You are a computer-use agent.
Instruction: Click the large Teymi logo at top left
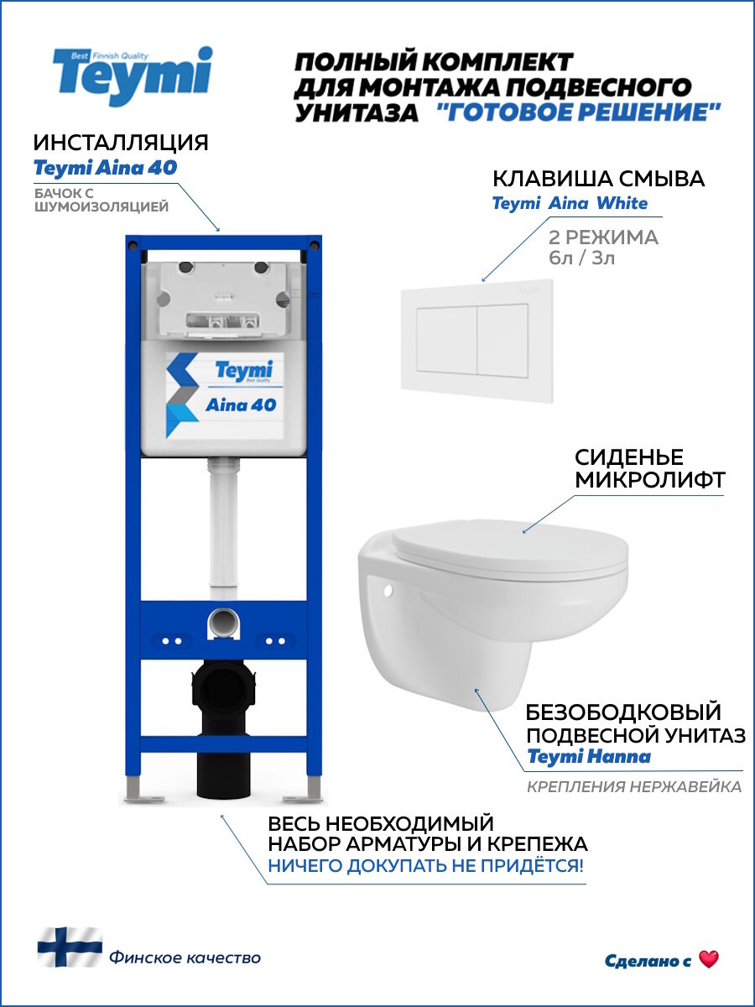click(x=132, y=76)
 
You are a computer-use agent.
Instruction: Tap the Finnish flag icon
click(x=69, y=947)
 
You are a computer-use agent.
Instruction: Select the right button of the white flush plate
click(x=502, y=339)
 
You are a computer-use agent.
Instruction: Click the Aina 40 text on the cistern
click(x=241, y=404)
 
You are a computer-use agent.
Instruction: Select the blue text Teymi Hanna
click(x=588, y=757)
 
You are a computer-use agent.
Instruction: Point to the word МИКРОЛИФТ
click(x=649, y=480)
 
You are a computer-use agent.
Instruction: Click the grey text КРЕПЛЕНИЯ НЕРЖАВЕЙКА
click(x=633, y=787)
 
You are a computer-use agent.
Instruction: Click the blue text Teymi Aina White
click(x=570, y=203)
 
